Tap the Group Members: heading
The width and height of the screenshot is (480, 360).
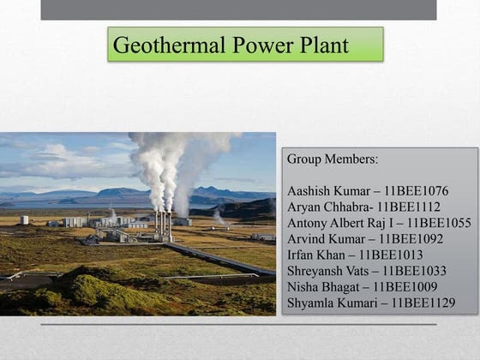click(x=332, y=159)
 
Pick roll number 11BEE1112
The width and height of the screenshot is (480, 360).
click(x=410, y=207)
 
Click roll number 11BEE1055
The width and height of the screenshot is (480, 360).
click(x=438, y=223)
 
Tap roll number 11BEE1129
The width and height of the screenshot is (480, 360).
click(x=421, y=303)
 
